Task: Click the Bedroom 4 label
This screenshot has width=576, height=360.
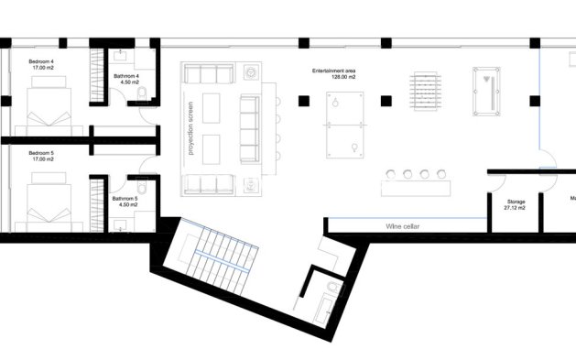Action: tap(40, 65)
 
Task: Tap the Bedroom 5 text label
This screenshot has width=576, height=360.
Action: tap(40, 156)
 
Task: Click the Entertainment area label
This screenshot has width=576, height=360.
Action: tap(333, 74)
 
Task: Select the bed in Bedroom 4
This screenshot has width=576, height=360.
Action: tap(51, 106)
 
